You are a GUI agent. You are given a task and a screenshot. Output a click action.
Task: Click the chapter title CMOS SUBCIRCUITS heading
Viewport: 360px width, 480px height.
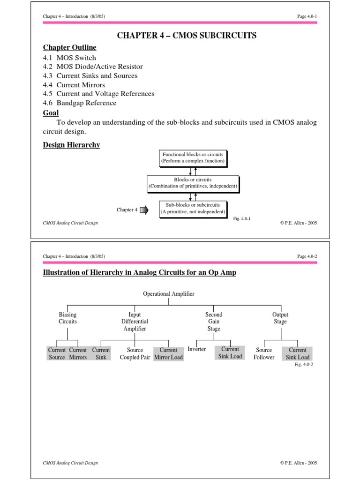pyautogui.click(x=180, y=36)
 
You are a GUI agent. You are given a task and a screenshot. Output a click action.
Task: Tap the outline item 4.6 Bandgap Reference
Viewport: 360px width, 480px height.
pyautogui.click(x=80, y=103)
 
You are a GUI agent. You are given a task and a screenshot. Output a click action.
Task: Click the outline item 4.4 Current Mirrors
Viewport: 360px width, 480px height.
pyautogui.click(x=74, y=85)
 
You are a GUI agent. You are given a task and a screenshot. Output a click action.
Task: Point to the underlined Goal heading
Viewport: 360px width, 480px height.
pyautogui.click(x=51, y=113)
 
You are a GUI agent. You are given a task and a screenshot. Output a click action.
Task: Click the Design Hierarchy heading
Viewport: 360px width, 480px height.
pyautogui.click(x=71, y=145)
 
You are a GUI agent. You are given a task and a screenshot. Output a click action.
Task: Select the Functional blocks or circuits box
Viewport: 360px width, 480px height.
pyautogui.click(x=193, y=157)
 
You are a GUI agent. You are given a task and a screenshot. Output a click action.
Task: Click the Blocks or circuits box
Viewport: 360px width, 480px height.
pyautogui.click(x=193, y=183)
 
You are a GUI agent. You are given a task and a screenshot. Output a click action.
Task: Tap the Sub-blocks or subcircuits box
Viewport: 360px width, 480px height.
pyautogui.click(x=193, y=208)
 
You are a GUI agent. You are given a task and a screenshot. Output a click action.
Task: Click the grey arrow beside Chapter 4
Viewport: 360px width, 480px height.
pyautogui.click(x=144, y=210)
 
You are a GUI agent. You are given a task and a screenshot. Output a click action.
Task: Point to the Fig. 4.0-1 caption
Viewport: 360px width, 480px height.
pyautogui.click(x=242, y=218)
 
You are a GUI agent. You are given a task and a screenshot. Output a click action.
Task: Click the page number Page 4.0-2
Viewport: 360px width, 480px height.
pyautogui.click(x=307, y=256)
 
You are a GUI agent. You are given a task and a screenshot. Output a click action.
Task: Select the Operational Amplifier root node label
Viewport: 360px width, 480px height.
pyautogui.click(x=169, y=294)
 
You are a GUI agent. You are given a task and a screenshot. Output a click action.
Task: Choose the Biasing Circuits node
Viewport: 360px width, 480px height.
pyautogui.click(x=67, y=318)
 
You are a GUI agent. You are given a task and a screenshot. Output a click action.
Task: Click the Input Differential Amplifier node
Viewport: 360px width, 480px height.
pyautogui.click(x=135, y=322)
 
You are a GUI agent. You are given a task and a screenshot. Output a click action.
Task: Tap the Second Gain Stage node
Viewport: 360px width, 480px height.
pyautogui.click(x=214, y=322)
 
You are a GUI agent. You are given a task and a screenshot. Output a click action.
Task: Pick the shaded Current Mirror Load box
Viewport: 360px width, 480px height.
pyautogui.click(x=169, y=353)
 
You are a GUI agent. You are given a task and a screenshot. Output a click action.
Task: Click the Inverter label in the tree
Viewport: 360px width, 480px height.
pyautogui.click(x=196, y=349)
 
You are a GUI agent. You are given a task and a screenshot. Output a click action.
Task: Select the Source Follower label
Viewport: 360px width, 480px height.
pyautogui.click(x=264, y=353)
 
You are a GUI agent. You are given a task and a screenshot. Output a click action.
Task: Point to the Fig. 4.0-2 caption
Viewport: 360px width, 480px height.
pyautogui.click(x=303, y=364)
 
